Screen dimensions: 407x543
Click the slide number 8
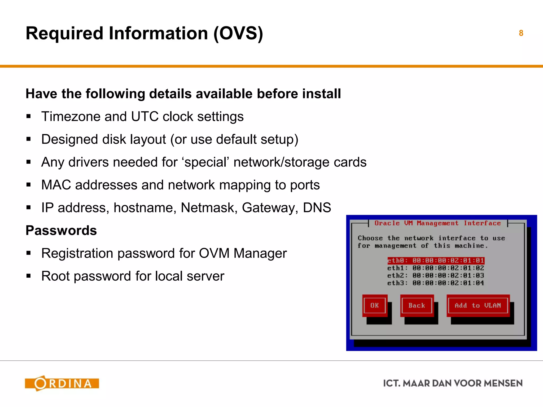coord(521,33)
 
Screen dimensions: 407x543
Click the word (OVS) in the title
coord(238,33)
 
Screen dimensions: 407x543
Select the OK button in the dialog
coord(374,306)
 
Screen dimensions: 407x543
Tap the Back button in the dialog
coord(417,306)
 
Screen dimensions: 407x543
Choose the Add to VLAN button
coord(478,306)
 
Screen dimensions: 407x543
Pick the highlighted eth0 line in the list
coord(436,261)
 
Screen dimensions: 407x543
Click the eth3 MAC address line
coord(436,283)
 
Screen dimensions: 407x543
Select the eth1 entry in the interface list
coord(436,268)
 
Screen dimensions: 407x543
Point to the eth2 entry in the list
coord(436,276)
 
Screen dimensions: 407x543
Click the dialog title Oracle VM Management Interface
coord(437,223)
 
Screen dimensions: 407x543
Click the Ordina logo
coord(62,383)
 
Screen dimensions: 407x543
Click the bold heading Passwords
coord(61,230)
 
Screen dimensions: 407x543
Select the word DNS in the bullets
coord(317,207)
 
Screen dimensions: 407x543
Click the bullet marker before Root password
coord(29,276)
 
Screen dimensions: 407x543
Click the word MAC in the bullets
coord(56,185)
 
